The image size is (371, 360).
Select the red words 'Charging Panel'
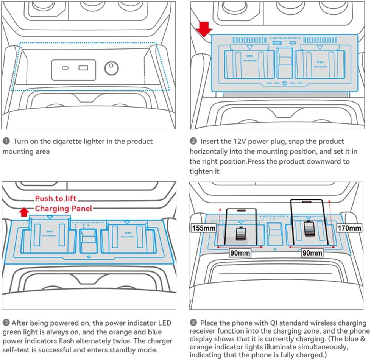point(63,208)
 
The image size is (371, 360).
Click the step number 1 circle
point(6,142)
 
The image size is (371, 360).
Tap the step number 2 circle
point(193,142)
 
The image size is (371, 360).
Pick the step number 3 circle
point(6,323)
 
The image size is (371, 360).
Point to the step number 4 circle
point(193,323)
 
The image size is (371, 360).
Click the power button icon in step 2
point(284,83)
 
